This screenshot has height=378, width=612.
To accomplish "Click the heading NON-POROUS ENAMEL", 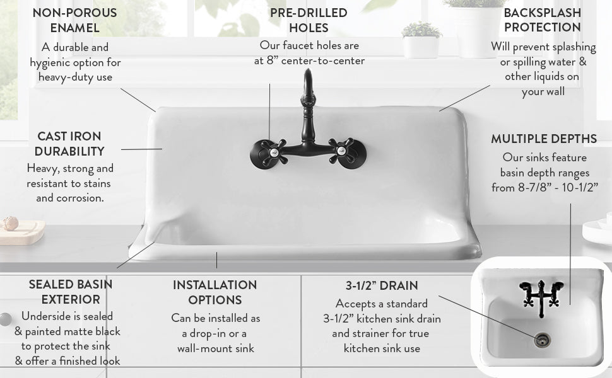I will point(74,20).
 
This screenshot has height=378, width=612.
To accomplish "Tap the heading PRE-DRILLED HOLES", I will point(309,20).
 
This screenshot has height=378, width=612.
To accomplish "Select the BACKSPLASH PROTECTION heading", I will point(542,20).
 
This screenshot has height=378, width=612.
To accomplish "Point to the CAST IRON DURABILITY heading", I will point(69,144).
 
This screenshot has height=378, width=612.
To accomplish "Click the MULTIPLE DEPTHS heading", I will point(544,139).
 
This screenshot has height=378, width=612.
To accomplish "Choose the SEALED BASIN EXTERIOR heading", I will point(71,292).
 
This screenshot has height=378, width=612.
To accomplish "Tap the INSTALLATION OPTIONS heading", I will point(215,292).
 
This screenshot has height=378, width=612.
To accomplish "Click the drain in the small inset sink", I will point(542,340).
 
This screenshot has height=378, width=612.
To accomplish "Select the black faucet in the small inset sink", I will point(541,294).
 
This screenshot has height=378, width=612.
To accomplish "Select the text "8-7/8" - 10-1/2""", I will point(544,188).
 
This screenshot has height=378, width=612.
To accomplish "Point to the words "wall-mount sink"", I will point(215,348).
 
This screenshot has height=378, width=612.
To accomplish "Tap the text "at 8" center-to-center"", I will point(309,61).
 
